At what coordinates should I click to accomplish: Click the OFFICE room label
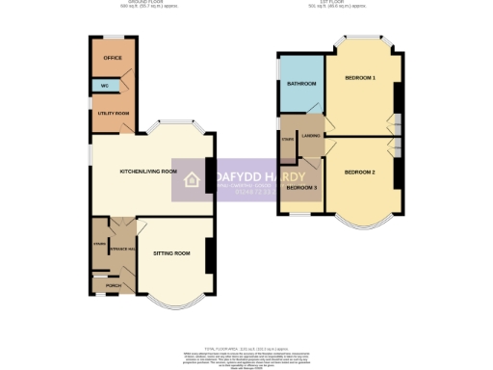(x=113, y=58)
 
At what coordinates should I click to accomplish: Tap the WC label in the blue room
(x=104, y=87)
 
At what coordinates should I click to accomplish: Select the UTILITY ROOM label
(x=114, y=114)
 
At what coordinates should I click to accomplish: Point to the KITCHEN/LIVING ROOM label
(x=148, y=172)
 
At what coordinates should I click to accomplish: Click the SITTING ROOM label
(x=171, y=252)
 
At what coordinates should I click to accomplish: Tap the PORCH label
(x=113, y=286)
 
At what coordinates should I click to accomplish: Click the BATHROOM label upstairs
(x=301, y=84)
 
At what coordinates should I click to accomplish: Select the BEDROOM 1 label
(x=360, y=77)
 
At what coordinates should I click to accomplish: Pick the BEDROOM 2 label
(x=359, y=172)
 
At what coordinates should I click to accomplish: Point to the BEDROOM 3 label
(x=302, y=187)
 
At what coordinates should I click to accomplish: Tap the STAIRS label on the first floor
(x=287, y=140)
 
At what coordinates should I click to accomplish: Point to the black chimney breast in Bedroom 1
(x=399, y=93)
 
